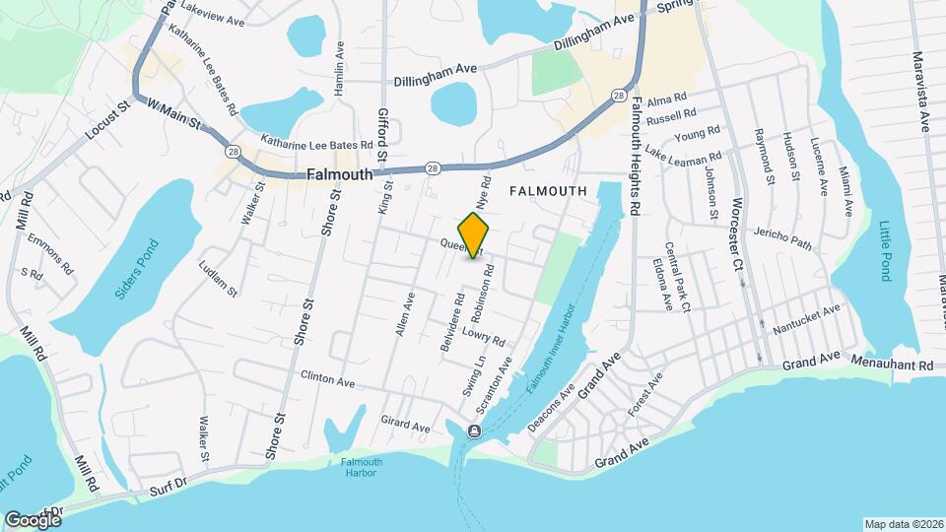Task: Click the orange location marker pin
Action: [x=474, y=234]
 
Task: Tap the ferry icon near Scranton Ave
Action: [x=474, y=431]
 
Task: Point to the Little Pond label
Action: [x=884, y=251]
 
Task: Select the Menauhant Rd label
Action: [x=899, y=365]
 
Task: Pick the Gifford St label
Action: [x=382, y=137]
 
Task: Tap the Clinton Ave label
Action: [x=327, y=378]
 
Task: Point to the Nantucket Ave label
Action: [x=806, y=316]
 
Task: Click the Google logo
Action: [x=33, y=519]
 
